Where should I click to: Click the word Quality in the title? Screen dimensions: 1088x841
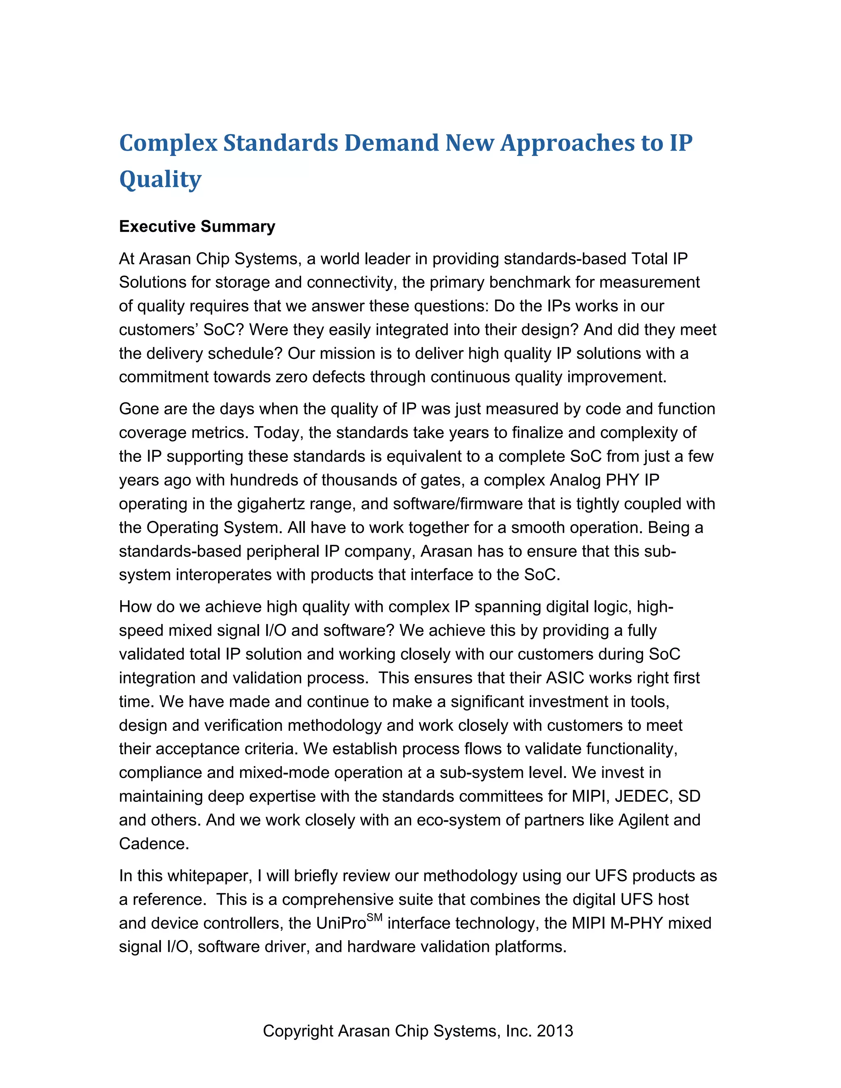[161, 179]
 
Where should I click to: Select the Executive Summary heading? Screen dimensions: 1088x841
[197, 227]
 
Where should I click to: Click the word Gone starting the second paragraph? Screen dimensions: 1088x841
[138, 409]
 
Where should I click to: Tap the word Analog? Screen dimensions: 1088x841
[575, 480]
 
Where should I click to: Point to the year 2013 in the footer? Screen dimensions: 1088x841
[554, 1031]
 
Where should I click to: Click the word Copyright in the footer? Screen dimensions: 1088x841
[298, 1031]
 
